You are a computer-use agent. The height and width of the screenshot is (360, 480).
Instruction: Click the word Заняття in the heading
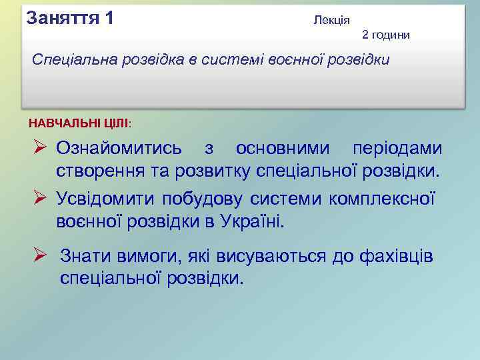coord(61,17)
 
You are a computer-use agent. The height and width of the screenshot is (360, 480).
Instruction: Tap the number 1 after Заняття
coord(109,17)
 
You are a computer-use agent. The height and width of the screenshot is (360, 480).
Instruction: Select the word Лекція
coord(331,21)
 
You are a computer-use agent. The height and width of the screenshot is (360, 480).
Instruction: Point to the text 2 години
coord(386,34)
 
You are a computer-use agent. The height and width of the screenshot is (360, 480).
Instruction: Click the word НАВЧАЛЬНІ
coord(63,123)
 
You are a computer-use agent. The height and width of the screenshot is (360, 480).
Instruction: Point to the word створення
coord(93,171)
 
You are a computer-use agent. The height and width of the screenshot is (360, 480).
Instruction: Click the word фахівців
coord(396,255)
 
